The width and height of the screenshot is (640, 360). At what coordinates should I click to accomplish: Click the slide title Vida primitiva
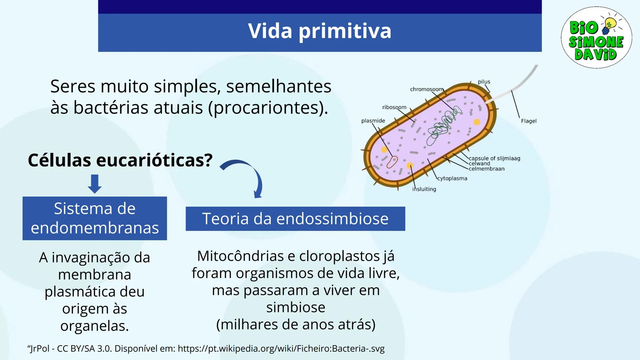coord(319,31)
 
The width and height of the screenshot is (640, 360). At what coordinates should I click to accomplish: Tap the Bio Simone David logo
coord(596,38)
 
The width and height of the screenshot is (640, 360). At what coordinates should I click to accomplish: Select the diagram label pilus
coord(484,82)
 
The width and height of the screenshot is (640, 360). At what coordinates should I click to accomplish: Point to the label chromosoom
coord(426,89)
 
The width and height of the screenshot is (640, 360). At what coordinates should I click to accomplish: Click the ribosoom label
coord(394,107)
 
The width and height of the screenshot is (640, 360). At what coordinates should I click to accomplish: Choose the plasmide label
coord(373,121)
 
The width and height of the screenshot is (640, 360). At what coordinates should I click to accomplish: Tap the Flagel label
coord(529,121)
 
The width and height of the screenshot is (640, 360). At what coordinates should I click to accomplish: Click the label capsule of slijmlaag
coord(494,158)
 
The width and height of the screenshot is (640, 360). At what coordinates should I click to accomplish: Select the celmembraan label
coord(486,169)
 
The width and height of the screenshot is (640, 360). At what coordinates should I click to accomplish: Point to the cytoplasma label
coord(452,178)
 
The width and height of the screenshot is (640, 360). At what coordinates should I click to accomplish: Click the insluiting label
coord(424,189)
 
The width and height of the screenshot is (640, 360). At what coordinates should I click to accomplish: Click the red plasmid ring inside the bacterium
coord(392,162)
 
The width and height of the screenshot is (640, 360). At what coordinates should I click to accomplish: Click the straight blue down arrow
coord(95,183)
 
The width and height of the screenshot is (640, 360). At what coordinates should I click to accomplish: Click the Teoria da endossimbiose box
coord(295,219)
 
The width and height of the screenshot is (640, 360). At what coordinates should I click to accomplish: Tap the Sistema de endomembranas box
coord(95,218)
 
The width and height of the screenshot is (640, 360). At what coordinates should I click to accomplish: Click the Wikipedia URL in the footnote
coord(281,349)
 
